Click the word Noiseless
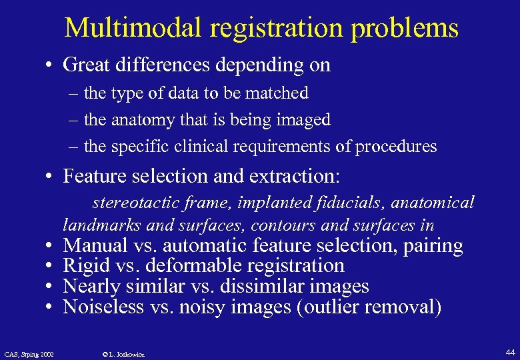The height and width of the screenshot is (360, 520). (x=103, y=307)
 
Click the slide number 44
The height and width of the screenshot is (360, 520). (x=511, y=351)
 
